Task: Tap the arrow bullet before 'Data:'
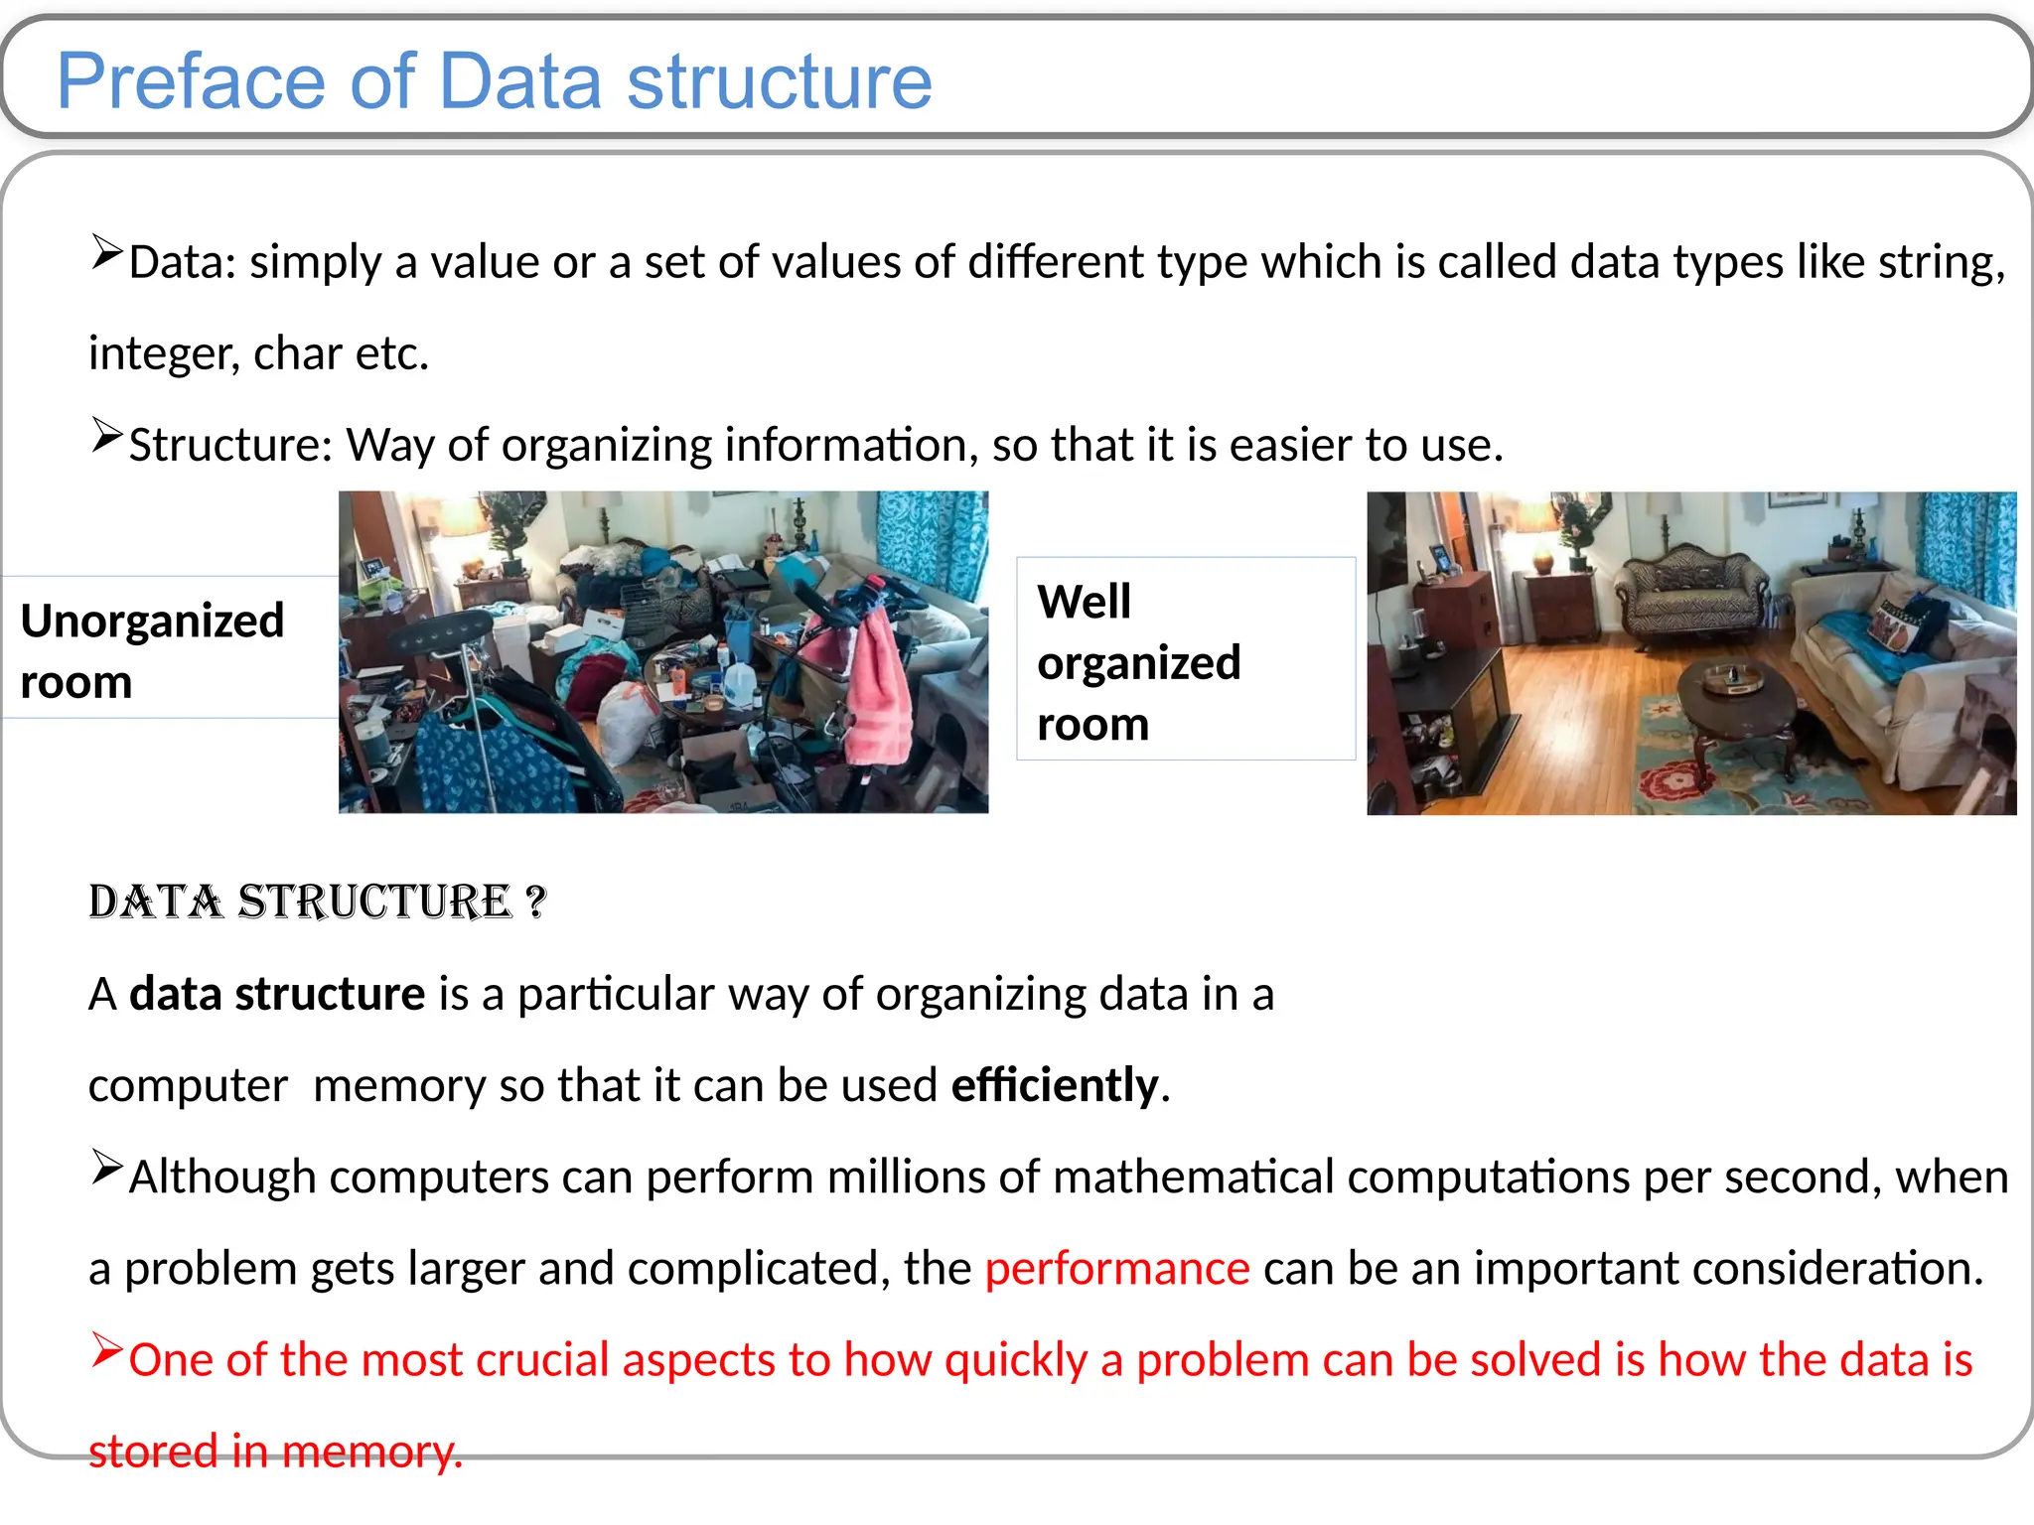(106, 252)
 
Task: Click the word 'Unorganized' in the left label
(152, 621)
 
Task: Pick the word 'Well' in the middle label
(1084, 602)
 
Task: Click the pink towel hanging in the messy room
(879, 695)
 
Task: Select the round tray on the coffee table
(1733, 679)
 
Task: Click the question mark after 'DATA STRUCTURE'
(535, 901)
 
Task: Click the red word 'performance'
(1116, 1268)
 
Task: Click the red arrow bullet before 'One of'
(106, 1350)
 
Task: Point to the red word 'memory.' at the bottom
(372, 1452)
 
